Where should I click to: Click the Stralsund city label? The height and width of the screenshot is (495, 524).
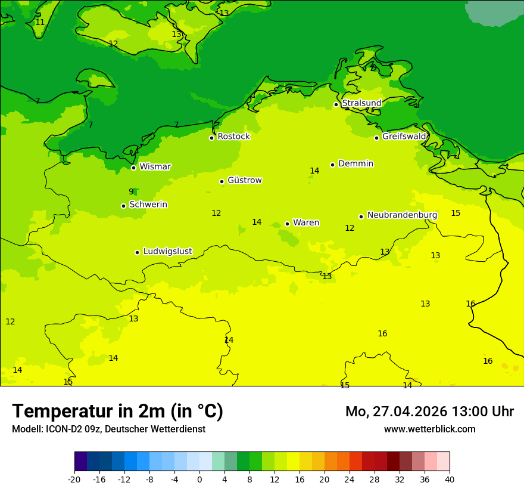pyautogui.click(x=361, y=103)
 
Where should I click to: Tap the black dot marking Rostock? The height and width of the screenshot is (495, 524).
pyautogui.click(x=211, y=138)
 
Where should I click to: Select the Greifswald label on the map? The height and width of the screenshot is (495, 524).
pyautogui.click(x=404, y=137)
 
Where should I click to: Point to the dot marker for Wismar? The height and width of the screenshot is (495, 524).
pyautogui.click(x=133, y=168)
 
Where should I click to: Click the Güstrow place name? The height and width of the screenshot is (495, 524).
pyautogui.click(x=244, y=180)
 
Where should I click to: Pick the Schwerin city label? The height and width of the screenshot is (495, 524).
pyautogui.click(x=148, y=205)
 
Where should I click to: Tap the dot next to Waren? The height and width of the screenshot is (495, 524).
pyautogui.click(x=287, y=224)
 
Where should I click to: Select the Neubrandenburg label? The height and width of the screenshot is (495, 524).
pyautogui.click(x=402, y=215)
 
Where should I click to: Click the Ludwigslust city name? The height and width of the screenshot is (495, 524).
pyautogui.click(x=167, y=251)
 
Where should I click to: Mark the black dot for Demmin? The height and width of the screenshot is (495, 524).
pyautogui.click(x=332, y=165)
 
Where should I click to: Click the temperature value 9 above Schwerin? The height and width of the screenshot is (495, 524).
pyautogui.click(x=131, y=191)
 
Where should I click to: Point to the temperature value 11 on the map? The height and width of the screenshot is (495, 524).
pyautogui.click(x=40, y=22)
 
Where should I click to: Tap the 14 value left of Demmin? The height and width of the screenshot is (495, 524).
pyautogui.click(x=314, y=171)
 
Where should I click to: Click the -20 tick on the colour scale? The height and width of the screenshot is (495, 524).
pyautogui.click(x=74, y=479)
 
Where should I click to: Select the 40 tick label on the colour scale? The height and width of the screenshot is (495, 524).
pyautogui.click(x=450, y=479)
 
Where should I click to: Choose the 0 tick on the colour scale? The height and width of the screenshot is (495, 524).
pyautogui.click(x=199, y=479)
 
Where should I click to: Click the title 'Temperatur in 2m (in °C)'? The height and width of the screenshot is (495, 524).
pyautogui.click(x=117, y=411)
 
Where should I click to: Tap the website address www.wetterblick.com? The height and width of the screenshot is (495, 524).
pyautogui.click(x=429, y=429)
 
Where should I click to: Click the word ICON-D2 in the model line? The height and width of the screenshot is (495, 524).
pyautogui.click(x=62, y=429)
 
